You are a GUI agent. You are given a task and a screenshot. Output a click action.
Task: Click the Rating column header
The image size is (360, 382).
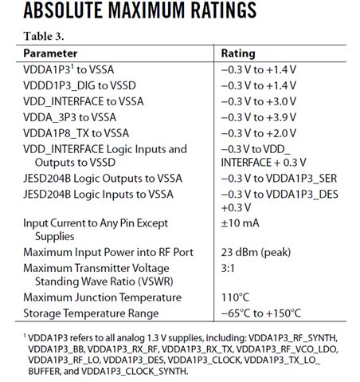pos(238,53)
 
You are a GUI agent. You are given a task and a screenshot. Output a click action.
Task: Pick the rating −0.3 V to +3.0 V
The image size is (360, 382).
pos(258,101)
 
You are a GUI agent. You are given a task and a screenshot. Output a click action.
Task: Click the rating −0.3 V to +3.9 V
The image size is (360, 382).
pos(258,117)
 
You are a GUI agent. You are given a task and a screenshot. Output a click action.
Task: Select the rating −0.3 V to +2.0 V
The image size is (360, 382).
pos(258,133)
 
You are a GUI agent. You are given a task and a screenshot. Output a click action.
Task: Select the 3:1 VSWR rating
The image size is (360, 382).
pos(230,269)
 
